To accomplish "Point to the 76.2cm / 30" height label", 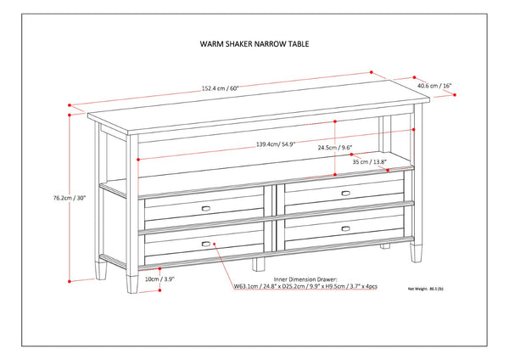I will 70,198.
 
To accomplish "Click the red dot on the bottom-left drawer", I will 218,244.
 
